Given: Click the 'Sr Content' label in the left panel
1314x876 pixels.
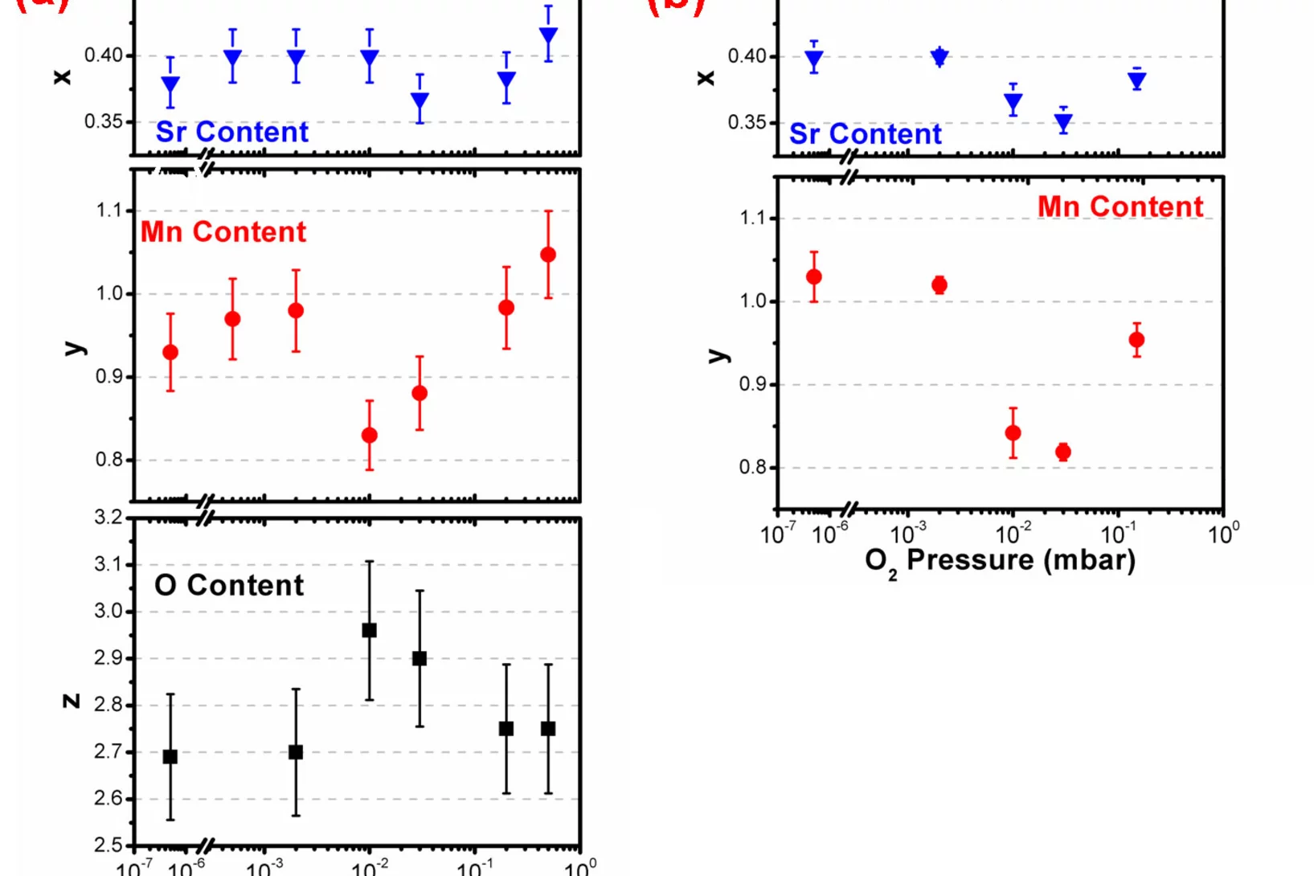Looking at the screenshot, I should click(x=231, y=132).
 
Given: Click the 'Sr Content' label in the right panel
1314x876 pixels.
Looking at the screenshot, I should click(x=865, y=133).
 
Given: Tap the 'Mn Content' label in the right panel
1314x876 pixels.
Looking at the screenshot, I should click(x=1120, y=207).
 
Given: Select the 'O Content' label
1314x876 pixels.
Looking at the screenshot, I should click(x=229, y=585).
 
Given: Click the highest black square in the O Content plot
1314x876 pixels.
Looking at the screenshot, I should click(x=370, y=630).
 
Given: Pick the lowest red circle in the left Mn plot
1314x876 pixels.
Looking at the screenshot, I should click(x=370, y=436).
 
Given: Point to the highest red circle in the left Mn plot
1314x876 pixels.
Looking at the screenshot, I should click(x=548, y=255).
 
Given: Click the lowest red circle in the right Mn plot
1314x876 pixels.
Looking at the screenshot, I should click(x=1063, y=452).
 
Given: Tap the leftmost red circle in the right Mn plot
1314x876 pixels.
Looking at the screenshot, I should click(x=814, y=276).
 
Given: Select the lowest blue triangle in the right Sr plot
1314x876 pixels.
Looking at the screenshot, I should click(x=1063, y=123).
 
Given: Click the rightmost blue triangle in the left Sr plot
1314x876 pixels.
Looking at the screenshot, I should click(x=548, y=37).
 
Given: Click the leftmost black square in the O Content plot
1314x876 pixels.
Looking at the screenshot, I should click(x=170, y=756).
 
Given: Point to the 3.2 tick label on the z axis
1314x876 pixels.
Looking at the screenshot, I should click(x=108, y=517).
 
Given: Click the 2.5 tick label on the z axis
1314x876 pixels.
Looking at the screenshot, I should click(x=108, y=845).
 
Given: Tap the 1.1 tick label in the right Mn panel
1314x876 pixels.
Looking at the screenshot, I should click(x=753, y=218).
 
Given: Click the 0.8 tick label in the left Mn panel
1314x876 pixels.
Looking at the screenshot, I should click(x=109, y=460).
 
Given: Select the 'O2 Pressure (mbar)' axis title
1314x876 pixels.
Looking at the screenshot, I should click(x=1000, y=560).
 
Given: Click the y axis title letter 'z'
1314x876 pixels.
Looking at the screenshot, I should click(x=71, y=701).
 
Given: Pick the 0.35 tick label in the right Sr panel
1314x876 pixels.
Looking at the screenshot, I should click(x=747, y=122).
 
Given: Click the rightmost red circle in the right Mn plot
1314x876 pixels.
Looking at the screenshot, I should click(x=1136, y=340).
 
